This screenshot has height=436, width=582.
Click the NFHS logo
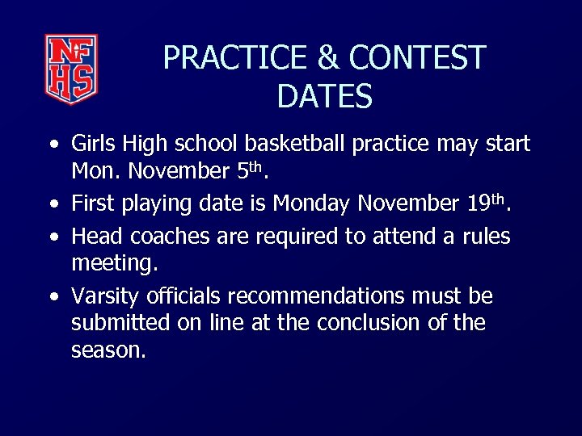coord(70,69)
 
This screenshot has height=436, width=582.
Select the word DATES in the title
coord(324,97)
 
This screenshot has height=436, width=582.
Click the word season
coord(107,350)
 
